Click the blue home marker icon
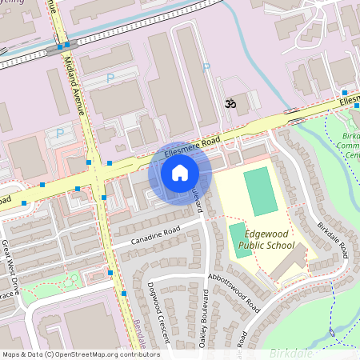click(180, 172)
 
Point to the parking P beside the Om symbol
click(205, 69)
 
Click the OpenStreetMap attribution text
click(81, 354)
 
